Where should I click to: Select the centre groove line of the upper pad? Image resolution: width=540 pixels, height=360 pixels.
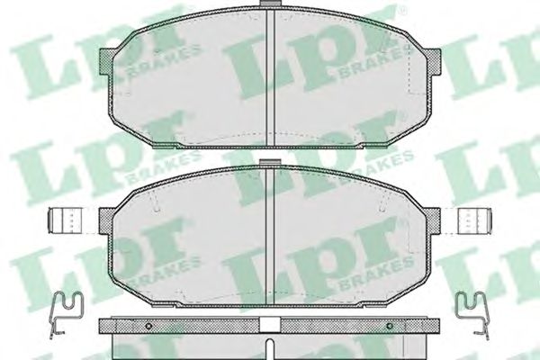pyautogui.click(x=273, y=76)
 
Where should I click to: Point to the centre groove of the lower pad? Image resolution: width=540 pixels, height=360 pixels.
pyautogui.click(x=273, y=234)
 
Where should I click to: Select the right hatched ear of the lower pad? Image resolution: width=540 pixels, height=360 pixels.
pyautogui.click(x=436, y=220)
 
